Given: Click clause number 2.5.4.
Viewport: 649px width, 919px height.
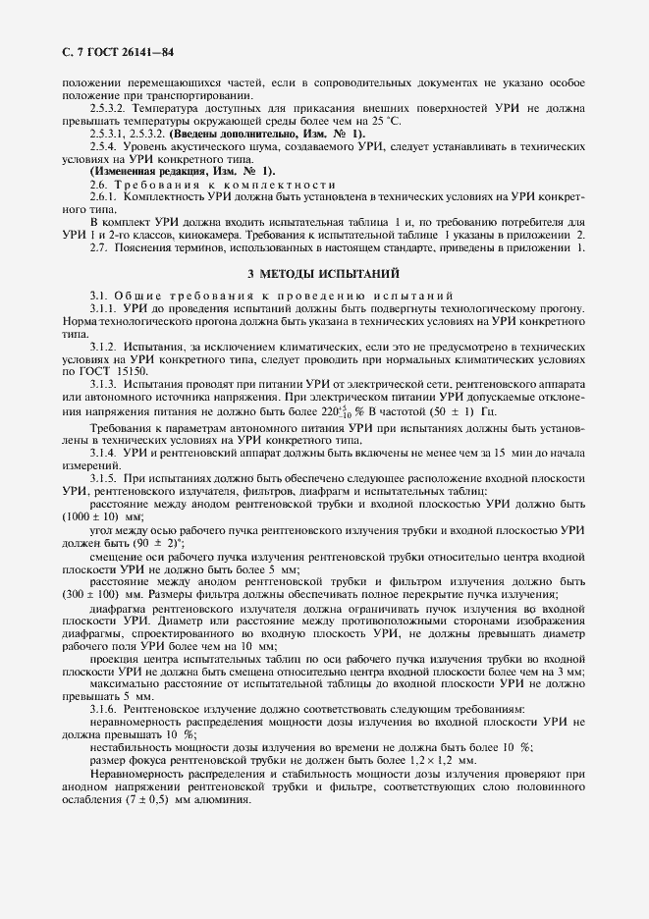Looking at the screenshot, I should [104, 145].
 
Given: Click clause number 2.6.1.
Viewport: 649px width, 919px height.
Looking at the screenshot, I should [104, 197].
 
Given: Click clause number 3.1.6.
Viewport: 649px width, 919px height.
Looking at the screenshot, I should [104, 709].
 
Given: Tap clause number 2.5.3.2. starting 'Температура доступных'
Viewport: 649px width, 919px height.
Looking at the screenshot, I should [109, 107].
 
